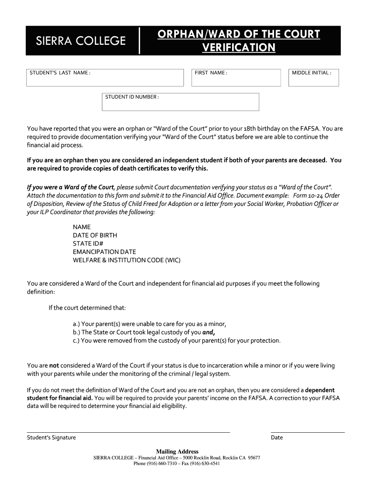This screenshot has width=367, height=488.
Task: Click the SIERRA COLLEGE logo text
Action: (x=81, y=41)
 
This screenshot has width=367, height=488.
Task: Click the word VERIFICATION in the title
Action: (x=238, y=48)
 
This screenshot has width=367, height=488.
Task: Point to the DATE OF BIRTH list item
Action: (x=95, y=235)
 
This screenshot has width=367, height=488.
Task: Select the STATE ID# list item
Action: (x=88, y=244)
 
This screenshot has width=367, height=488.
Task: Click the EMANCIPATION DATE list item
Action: (x=104, y=252)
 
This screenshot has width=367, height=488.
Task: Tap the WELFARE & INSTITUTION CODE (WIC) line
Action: (x=127, y=260)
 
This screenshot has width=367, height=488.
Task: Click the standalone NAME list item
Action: (x=82, y=227)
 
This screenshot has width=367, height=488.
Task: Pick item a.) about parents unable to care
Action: (x=149, y=324)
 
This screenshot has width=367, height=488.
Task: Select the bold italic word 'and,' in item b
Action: (x=209, y=332)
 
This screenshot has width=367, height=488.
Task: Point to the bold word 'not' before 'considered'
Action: (x=54, y=366)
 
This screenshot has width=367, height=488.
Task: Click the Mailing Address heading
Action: (x=177, y=451)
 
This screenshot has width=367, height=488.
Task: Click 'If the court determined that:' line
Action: (x=87, y=307)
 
